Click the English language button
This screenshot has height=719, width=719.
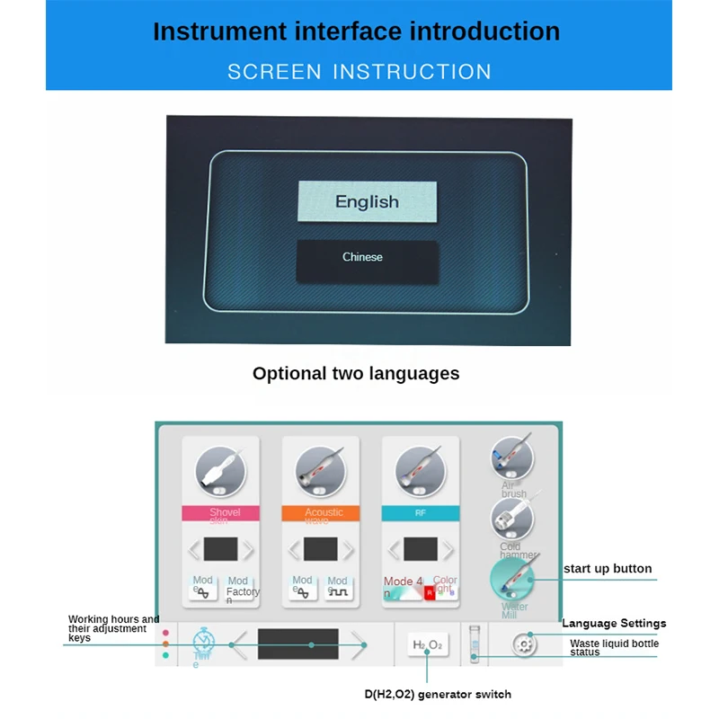coord(367,201)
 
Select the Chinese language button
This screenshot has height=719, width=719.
coord(367,258)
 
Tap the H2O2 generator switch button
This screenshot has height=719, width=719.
coord(427,644)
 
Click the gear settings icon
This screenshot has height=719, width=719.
coord(524,644)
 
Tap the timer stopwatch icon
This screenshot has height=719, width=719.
coord(204,642)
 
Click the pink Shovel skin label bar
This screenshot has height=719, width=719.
coord(220,513)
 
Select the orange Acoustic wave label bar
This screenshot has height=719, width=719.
coord(320,513)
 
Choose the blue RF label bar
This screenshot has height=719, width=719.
coord(420,513)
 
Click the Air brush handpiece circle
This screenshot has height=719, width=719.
coord(511,457)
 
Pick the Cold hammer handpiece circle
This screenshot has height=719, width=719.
coord(511,519)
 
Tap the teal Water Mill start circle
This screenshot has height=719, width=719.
coord(513,580)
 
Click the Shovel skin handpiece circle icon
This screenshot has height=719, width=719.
coord(220,468)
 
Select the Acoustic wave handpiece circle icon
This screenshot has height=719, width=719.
coord(320,468)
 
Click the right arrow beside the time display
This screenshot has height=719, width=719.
coord(359,644)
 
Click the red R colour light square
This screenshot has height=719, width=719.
coord(429,592)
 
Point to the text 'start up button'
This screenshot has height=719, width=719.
coord(608,569)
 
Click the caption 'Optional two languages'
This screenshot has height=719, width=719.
coord(356,374)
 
